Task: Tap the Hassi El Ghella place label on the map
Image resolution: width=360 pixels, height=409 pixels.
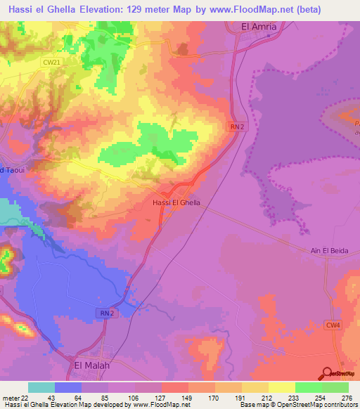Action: point(176,202)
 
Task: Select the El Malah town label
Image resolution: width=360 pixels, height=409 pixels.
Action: point(92,366)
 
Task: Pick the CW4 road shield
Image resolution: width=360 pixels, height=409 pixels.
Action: point(331,325)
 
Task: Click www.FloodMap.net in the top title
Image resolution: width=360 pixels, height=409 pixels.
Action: point(237,9)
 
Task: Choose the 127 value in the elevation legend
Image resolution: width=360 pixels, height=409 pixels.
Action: point(162,397)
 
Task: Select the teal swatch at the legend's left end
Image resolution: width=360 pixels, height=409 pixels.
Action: point(41,387)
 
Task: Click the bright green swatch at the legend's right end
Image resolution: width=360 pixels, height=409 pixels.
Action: point(335,387)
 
